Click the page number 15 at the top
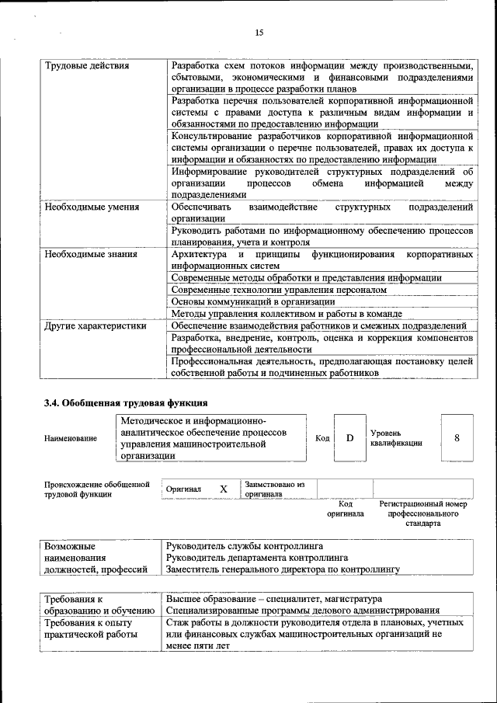point(259,32)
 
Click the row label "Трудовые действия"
point(86,66)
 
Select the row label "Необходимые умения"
point(92,207)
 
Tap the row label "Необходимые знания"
point(91,255)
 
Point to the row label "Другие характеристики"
point(95,326)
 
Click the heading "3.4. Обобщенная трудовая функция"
point(125,402)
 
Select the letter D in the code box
point(349,438)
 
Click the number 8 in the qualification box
point(457,437)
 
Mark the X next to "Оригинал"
point(223,489)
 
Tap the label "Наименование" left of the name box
point(71,439)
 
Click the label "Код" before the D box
point(322,439)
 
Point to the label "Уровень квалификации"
point(396,437)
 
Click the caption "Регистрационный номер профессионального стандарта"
point(422,513)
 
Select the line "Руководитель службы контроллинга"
point(245,546)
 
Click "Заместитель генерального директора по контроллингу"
point(283,569)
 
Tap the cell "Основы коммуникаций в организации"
point(253,301)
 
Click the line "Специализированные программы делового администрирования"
point(302,611)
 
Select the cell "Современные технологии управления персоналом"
point(278,289)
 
